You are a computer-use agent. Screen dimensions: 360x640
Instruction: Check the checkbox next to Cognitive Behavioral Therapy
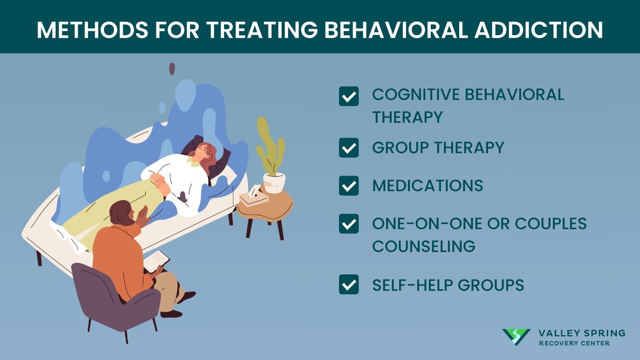point(349,96)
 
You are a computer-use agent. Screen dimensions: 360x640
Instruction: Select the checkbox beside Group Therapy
point(349,148)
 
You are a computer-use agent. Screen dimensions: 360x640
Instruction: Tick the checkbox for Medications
point(349,186)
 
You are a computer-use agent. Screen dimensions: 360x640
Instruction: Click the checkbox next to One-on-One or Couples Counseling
point(349,224)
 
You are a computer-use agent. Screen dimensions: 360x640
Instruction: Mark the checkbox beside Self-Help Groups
point(349,284)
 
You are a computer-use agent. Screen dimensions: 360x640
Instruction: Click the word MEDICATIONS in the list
point(428,186)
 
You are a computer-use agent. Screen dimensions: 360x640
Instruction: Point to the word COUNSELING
point(424,246)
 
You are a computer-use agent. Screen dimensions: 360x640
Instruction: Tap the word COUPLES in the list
point(550,224)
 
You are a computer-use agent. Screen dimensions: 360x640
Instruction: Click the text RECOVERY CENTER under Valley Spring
point(574,343)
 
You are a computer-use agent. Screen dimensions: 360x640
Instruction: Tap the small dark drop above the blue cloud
point(172,68)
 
